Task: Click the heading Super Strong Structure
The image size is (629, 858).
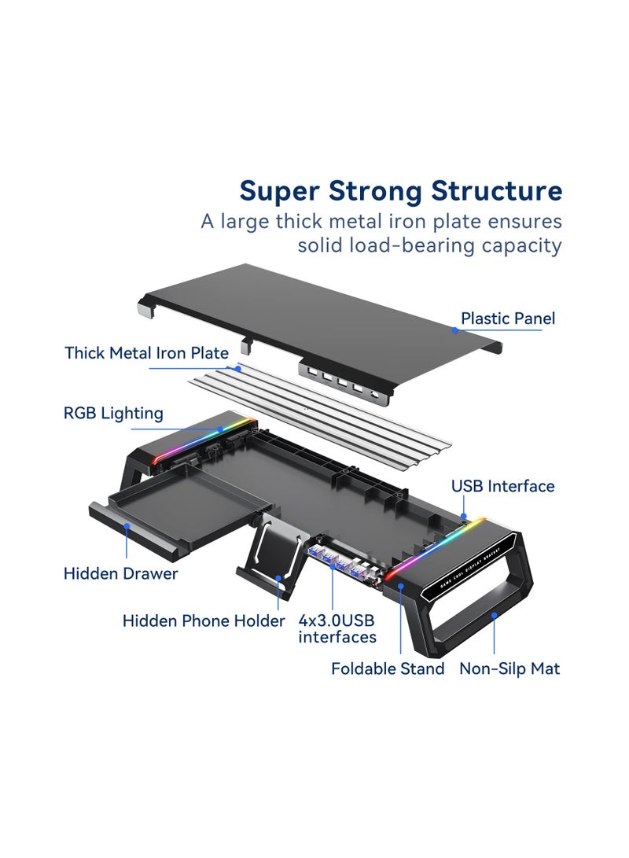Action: [x=401, y=191]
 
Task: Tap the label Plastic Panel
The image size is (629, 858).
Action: [x=507, y=319]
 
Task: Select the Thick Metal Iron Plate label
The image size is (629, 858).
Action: [x=147, y=353]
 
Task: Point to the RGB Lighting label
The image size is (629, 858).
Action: [x=114, y=413]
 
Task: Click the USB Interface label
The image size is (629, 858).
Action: [x=502, y=486]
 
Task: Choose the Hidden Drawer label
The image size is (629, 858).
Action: [x=120, y=573]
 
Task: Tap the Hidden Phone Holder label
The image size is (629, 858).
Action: [x=203, y=621]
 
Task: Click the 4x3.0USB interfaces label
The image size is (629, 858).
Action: [x=337, y=628]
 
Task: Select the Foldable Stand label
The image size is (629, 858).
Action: [x=388, y=668]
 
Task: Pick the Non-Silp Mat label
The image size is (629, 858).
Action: [x=509, y=668]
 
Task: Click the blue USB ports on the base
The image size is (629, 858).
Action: [x=338, y=562]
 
